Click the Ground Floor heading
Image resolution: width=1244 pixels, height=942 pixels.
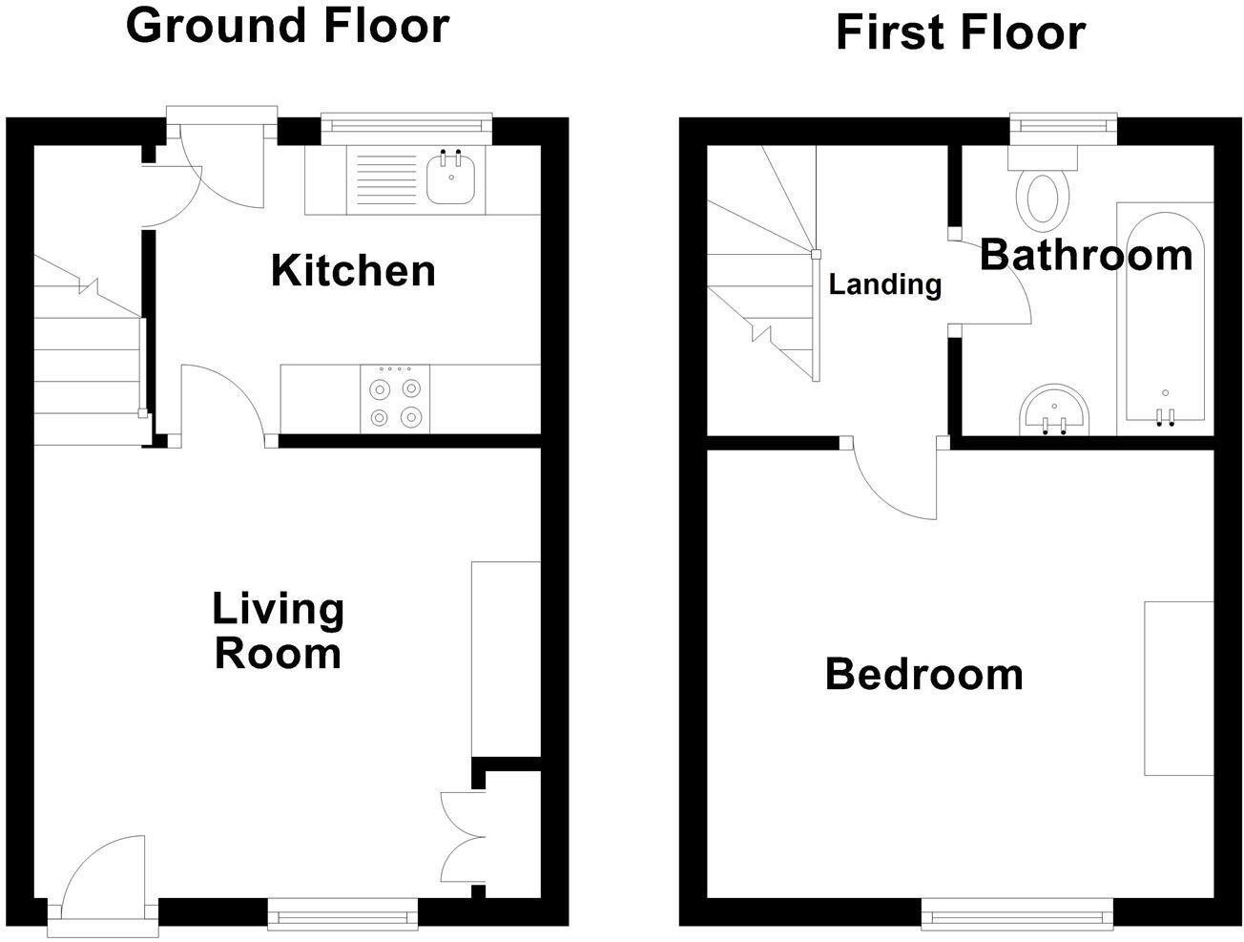[287, 26]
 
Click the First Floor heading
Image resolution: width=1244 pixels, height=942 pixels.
[960, 32]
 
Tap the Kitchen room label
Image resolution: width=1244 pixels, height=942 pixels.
[353, 271]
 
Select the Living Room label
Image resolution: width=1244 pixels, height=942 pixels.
[278, 631]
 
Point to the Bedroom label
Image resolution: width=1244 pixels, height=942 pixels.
[923, 674]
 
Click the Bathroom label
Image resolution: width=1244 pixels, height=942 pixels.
[1086, 255]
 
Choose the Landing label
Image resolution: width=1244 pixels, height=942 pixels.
[884, 284]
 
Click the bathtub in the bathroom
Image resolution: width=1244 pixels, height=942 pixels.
[1164, 315]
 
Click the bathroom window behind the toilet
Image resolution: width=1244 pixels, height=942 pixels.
[1064, 127]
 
